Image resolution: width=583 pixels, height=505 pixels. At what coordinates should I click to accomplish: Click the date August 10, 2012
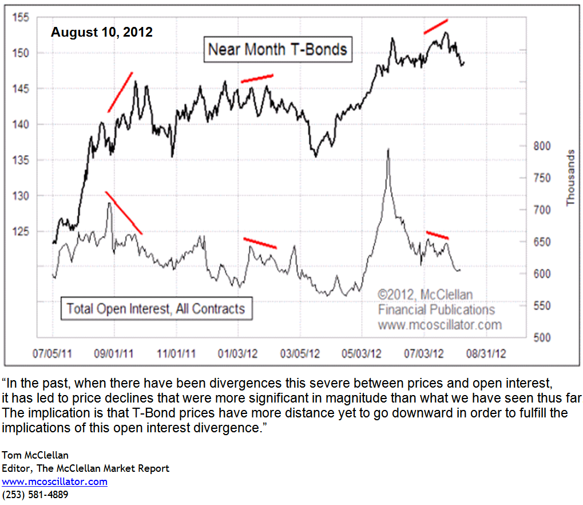(x=102, y=32)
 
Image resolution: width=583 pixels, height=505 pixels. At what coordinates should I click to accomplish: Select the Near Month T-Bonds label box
(x=277, y=49)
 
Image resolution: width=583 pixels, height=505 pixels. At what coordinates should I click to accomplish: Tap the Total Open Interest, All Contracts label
(x=155, y=309)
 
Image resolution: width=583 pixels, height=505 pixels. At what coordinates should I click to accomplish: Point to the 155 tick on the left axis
(x=21, y=17)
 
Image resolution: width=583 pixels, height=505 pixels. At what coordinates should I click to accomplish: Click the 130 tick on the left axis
(x=21, y=196)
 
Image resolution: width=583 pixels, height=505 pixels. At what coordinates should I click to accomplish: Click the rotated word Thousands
(x=570, y=178)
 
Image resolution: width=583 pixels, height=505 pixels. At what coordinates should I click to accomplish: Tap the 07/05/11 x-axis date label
(x=52, y=353)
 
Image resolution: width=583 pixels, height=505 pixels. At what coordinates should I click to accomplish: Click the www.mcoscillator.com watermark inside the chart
(x=439, y=325)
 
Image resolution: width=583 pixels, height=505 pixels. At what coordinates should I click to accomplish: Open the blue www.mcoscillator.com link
(x=54, y=482)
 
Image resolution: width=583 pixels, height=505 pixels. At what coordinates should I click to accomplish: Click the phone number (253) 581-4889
(x=35, y=494)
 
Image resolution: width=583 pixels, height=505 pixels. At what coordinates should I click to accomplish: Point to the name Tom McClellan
(x=35, y=455)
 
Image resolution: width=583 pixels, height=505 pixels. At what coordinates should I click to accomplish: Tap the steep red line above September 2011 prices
(x=120, y=92)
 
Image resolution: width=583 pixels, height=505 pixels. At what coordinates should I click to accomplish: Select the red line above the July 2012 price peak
(x=436, y=26)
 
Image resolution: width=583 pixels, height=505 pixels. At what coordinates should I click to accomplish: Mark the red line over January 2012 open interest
(x=260, y=243)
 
